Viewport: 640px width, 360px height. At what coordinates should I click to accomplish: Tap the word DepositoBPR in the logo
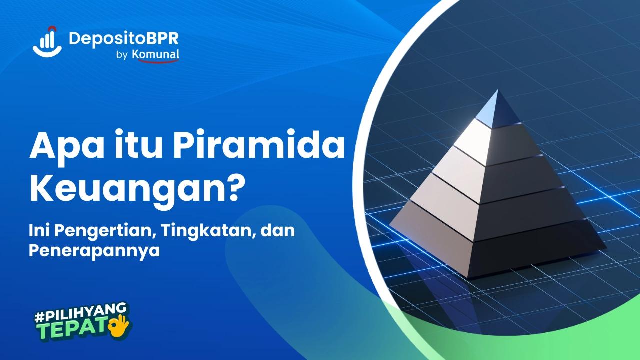click(x=123, y=38)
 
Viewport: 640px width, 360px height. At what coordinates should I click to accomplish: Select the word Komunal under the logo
click(x=156, y=55)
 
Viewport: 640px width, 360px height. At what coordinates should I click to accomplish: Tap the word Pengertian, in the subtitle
click(x=99, y=231)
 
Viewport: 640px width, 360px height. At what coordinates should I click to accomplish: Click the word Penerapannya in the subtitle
click(x=94, y=250)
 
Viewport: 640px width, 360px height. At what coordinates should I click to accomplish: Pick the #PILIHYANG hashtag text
click(x=80, y=313)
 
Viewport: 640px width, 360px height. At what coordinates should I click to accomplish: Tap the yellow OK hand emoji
click(x=119, y=325)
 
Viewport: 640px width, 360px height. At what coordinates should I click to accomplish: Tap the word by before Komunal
click(x=122, y=56)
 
